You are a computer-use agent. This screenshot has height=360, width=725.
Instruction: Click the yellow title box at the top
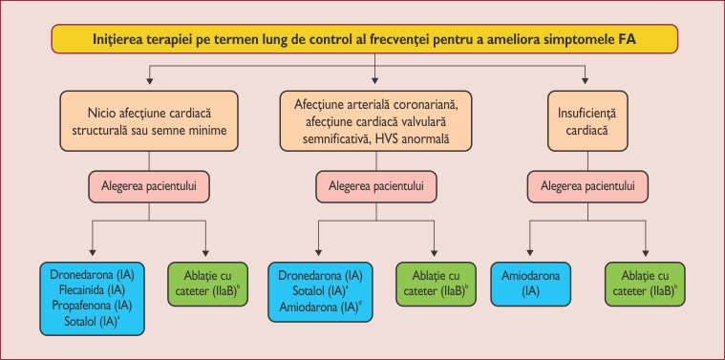[x=362, y=40]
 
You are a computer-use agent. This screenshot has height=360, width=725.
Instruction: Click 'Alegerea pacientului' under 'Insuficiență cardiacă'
[x=586, y=184]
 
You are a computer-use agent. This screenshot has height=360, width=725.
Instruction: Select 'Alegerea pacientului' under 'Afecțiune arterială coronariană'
[x=375, y=184]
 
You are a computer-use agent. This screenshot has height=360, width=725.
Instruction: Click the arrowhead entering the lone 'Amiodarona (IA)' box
[x=531, y=253]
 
